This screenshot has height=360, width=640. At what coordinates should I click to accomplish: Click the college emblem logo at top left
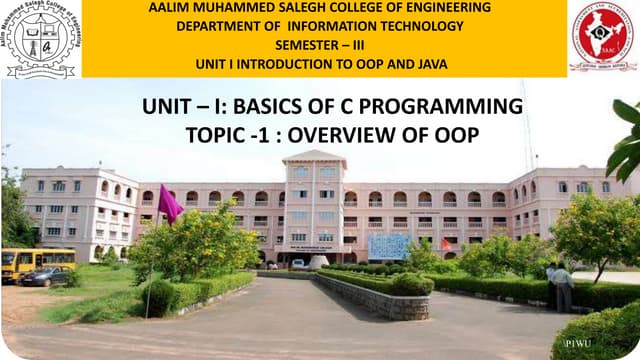pos(39,38)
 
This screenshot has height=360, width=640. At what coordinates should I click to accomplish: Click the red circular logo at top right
pos(602,38)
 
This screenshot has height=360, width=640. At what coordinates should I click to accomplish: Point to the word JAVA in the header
pos(429,65)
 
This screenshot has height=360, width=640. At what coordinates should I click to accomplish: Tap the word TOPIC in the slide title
pos(210,135)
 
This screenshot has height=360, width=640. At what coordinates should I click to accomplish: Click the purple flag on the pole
pos(170,205)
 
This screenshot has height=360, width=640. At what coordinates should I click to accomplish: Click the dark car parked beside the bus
pos(46,276)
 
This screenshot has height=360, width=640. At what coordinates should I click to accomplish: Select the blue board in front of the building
pos(388,245)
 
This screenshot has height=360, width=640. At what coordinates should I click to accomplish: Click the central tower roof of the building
pos(314,157)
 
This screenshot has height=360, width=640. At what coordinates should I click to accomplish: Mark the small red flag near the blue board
pos(446,244)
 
